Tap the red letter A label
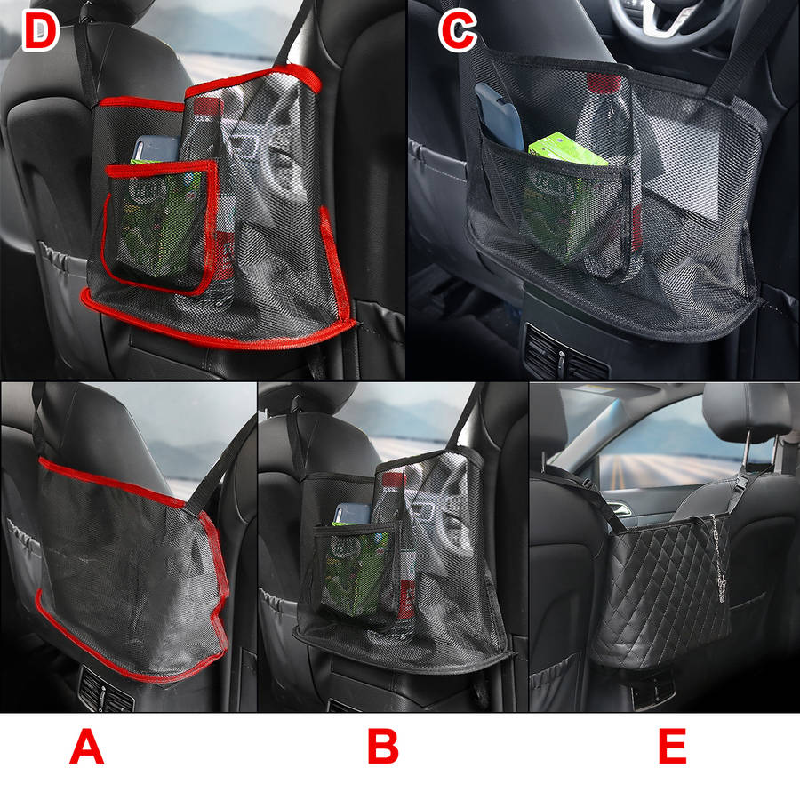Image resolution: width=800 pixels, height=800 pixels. (86, 747)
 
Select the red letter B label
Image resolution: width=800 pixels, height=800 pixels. (383, 747)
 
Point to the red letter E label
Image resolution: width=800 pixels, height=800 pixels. (672, 747)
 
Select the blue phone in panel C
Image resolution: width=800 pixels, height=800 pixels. (499, 116)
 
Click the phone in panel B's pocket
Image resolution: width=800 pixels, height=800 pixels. (353, 514)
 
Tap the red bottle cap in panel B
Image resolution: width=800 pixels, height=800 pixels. (393, 480)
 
